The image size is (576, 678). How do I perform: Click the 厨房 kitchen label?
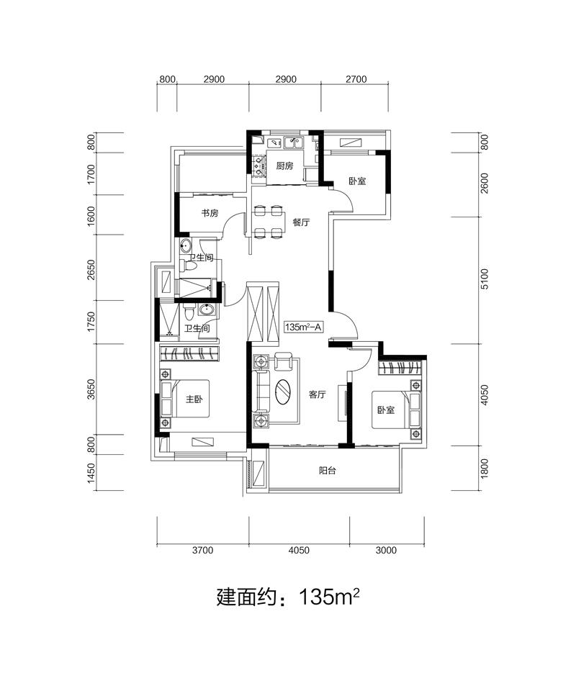284,166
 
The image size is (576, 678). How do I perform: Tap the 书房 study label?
210,213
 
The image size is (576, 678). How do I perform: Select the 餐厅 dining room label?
301,222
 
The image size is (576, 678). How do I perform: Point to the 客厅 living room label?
317,394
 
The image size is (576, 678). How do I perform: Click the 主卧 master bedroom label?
194,399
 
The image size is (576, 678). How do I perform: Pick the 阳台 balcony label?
328,471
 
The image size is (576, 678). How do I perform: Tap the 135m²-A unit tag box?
303,327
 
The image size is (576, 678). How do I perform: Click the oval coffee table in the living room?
284,392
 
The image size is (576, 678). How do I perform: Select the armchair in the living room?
283,361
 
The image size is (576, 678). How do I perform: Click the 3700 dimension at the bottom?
203,551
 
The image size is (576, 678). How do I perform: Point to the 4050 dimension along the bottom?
299,551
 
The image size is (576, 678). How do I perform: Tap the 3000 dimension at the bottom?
386,551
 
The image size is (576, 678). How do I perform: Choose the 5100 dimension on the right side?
484,279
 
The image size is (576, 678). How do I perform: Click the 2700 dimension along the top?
356,79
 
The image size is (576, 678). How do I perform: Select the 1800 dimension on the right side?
484,469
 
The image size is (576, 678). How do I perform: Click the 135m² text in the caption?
329,597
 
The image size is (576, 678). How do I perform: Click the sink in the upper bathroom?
186,246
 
